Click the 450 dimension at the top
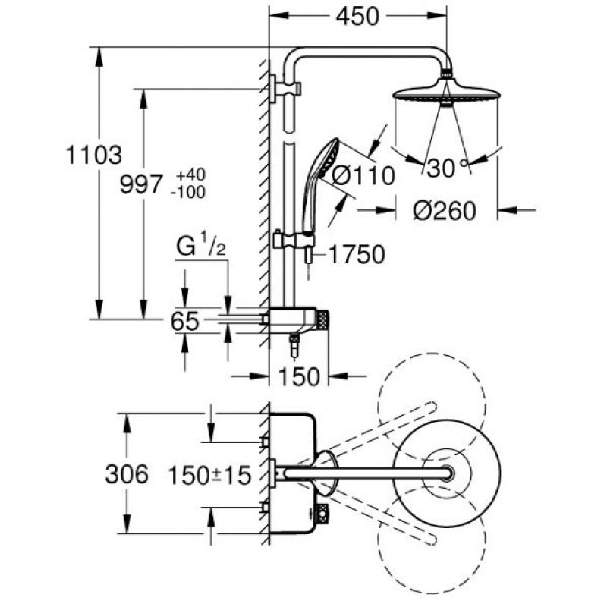pyautogui.click(x=357, y=17)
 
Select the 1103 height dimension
pyautogui.click(x=94, y=155)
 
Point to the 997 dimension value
pyautogui.click(x=141, y=184)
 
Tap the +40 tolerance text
pyautogui.click(x=190, y=175)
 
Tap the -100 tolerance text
pyautogui.click(x=188, y=192)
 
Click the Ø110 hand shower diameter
pyautogui.click(x=363, y=176)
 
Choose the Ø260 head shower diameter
pyautogui.click(x=445, y=211)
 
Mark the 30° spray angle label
pyautogui.click(x=447, y=168)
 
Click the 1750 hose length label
pyautogui.click(x=357, y=254)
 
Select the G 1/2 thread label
pyautogui.click(x=201, y=247)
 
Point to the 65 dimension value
pyautogui.click(x=185, y=321)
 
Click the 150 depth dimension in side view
pyautogui.click(x=299, y=376)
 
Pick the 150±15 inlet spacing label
pyautogui.click(x=209, y=476)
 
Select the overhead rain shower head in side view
pyautogui.click(x=446, y=93)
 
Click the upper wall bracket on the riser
pyautogui.click(x=285, y=89)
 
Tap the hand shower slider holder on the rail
pyautogui.click(x=293, y=241)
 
